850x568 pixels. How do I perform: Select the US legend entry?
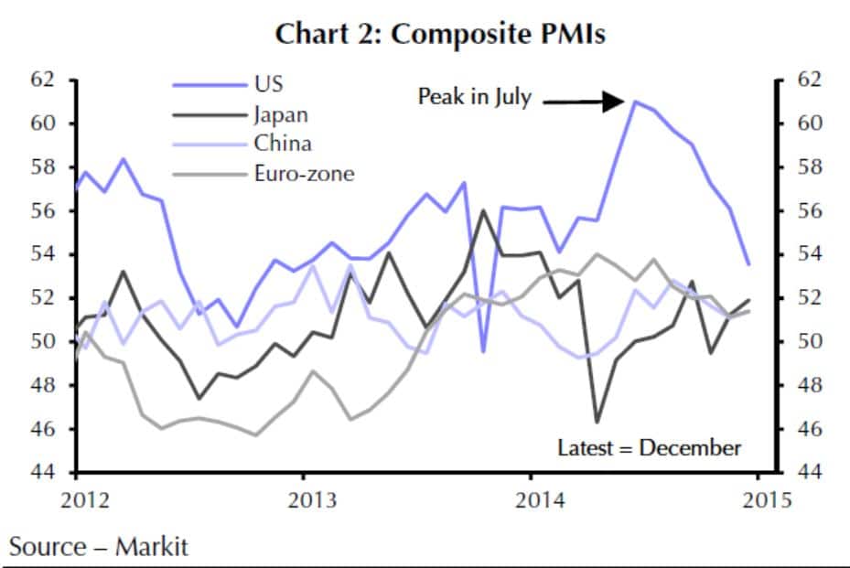click(268, 84)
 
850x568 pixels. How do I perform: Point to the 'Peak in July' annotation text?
click(474, 97)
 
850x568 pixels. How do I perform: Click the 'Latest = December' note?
click(650, 448)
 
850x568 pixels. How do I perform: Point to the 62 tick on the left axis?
click(43, 80)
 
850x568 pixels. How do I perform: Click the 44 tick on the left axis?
click(43, 473)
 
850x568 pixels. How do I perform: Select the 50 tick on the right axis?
click(810, 342)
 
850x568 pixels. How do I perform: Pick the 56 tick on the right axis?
click(810, 211)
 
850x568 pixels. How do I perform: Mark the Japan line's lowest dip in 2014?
click(597, 422)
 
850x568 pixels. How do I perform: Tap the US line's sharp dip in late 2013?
click(483, 351)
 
